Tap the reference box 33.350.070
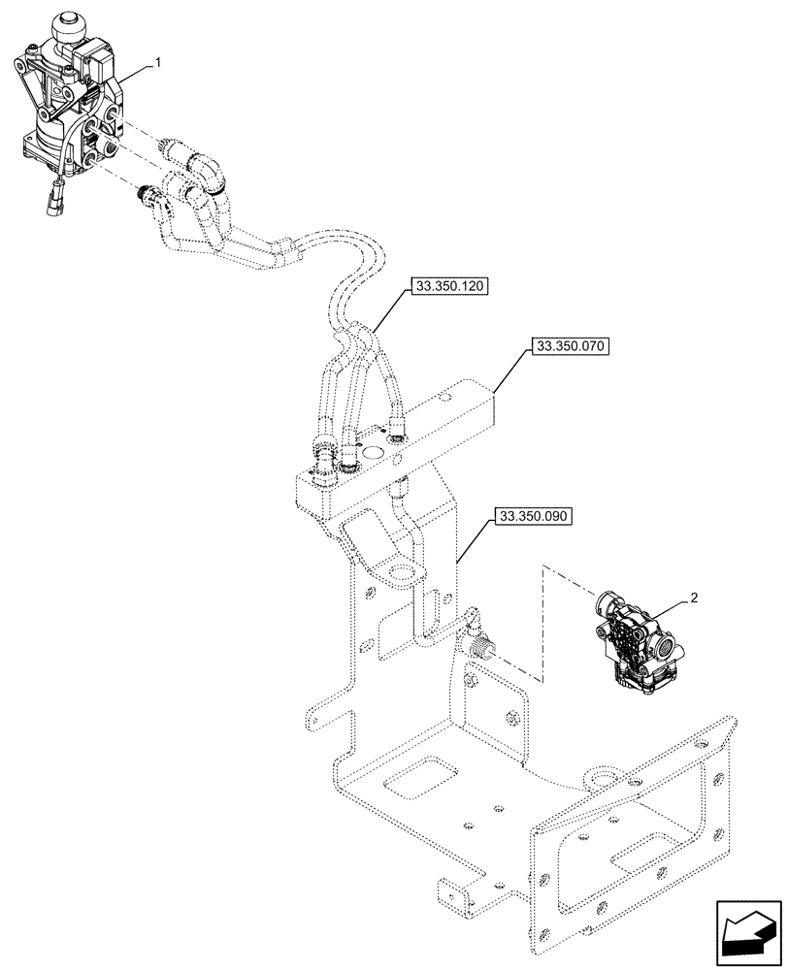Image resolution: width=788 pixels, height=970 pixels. coord(569,346)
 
